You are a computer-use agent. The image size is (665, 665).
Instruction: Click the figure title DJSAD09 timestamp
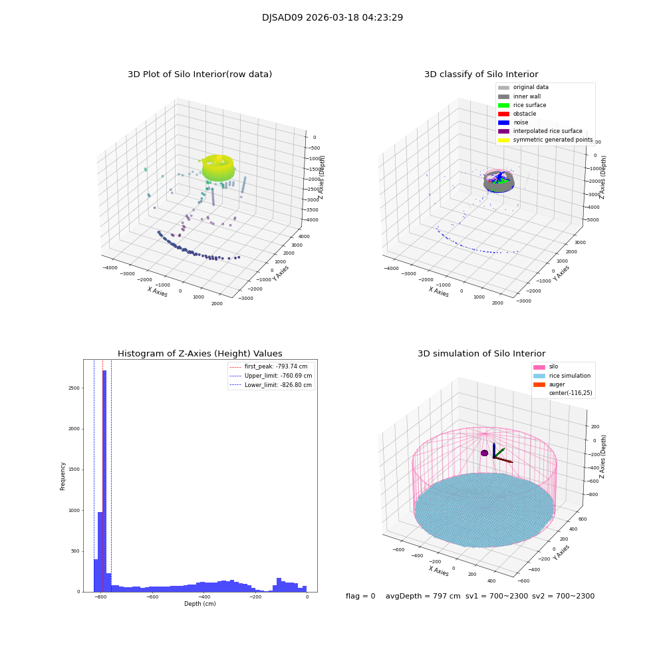332,18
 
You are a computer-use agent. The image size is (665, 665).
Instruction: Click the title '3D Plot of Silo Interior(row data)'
199,74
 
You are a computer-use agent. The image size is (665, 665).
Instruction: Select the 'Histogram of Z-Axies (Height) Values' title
199,354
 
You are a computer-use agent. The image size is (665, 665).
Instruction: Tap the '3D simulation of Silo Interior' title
481,354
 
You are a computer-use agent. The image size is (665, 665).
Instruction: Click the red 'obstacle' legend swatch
503,114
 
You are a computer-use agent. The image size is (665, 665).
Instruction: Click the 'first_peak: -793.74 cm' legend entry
271,366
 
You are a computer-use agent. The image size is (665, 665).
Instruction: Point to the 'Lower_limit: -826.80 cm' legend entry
271,384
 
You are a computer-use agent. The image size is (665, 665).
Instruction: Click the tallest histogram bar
104,479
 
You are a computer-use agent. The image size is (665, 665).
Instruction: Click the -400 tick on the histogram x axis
203,597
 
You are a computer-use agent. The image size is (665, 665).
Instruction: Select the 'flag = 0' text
360,597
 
